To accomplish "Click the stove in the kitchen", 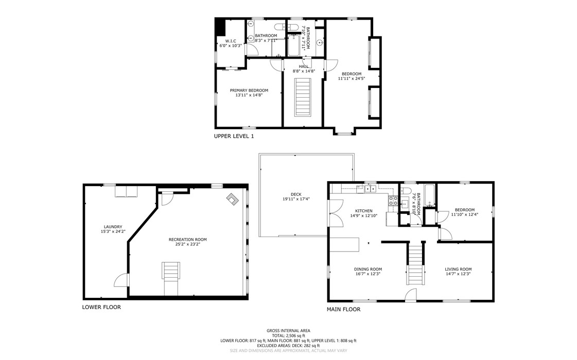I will click(394, 201).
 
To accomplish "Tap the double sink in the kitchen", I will click(371, 189).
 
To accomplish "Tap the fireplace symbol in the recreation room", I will click(232, 199).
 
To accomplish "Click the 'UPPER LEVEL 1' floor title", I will click(234, 136).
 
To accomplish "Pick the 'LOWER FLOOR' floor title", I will click(101, 307).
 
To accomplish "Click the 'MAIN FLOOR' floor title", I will click(343, 310).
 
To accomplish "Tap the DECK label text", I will click(288, 194).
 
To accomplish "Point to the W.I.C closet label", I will click(230, 41).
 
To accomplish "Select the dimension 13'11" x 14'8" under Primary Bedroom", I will click(249, 95).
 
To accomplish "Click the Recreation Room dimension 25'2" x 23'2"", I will click(187, 245).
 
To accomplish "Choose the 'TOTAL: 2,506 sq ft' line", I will click(288, 335).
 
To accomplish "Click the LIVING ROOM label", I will click(458, 269).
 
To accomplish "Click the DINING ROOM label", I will click(368, 269).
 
